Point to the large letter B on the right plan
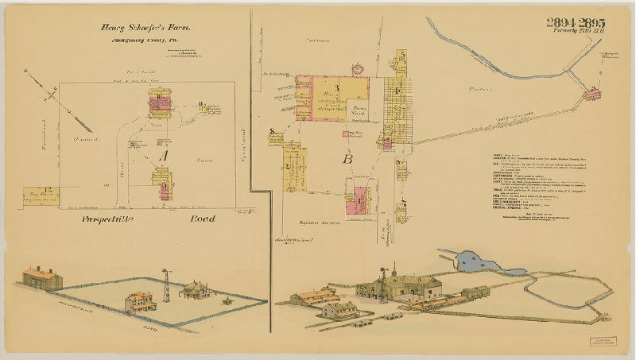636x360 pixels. point(347,158)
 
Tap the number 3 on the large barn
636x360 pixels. point(336,87)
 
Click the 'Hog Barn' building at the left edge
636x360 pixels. point(38,195)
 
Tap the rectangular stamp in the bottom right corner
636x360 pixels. point(603,342)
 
